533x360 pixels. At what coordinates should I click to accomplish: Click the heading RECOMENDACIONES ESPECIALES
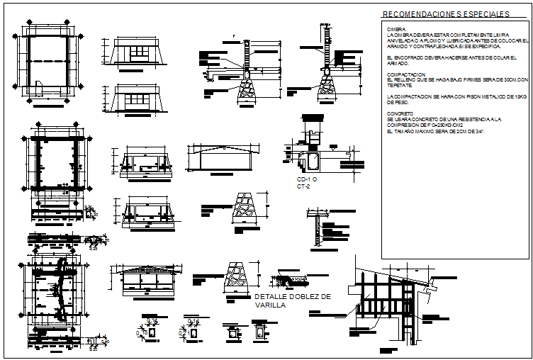coord(445,14)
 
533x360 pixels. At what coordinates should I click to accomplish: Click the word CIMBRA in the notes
coord(395,29)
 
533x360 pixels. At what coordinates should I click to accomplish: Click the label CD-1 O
coord(306,180)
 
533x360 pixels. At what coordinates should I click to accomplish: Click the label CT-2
coord(303,186)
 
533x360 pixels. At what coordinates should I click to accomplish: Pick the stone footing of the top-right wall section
coord(327,89)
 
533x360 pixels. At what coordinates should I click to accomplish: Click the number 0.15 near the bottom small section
coord(142,332)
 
